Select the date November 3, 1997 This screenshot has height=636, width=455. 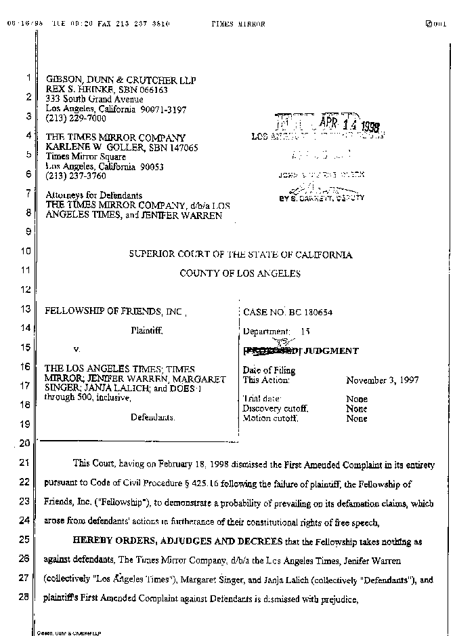[x=382, y=380]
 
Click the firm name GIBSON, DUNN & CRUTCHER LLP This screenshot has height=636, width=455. [x=121, y=80]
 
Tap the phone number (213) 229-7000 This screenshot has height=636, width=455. [x=75, y=118]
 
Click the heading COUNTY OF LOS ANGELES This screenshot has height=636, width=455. [x=240, y=273]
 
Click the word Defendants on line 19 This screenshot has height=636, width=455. [x=152, y=417]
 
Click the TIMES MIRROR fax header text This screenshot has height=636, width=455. [x=238, y=24]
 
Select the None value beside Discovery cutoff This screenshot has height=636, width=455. [x=357, y=409]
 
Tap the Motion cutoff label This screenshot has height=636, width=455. [x=270, y=418]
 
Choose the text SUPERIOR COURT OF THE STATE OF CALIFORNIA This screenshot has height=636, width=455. [x=240, y=254]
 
